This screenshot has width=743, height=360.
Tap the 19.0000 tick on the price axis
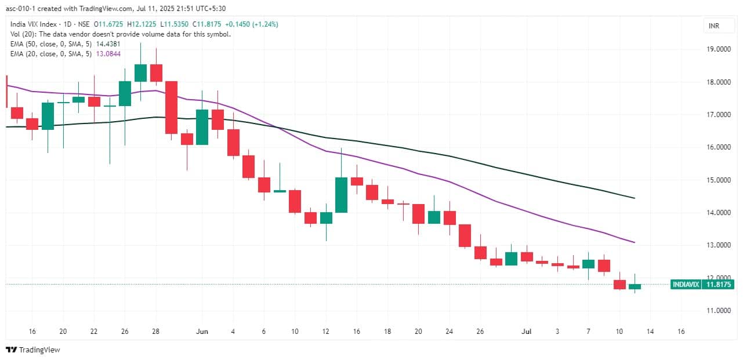point(719,50)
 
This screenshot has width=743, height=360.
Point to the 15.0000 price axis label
point(719,180)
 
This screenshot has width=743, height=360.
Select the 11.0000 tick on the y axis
point(719,311)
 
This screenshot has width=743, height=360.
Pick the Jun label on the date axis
point(202,332)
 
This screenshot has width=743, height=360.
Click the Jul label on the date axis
point(527,332)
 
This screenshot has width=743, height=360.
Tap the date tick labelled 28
point(155,332)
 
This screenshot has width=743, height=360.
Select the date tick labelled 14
point(650,332)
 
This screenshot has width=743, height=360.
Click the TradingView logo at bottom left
point(33,350)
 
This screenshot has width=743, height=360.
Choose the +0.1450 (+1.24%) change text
point(255,24)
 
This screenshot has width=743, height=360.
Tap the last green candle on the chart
point(635,286)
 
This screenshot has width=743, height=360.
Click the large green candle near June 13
point(340,195)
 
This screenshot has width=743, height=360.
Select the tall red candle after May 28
point(171,107)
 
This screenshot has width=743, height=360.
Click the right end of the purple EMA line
point(634,242)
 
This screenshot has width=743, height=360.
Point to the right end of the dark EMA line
point(634,198)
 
